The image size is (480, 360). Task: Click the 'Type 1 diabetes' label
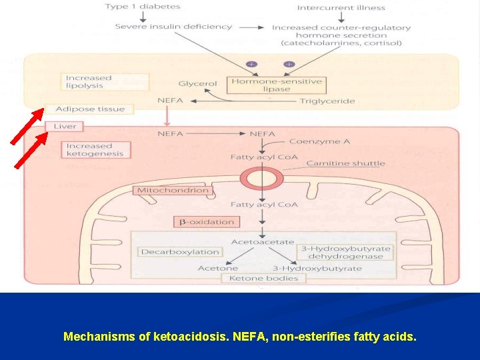(143, 7)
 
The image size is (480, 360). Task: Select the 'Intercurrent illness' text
(341, 8)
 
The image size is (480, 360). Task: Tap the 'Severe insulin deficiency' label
(173, 27)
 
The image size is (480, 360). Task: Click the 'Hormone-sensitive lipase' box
(276, 85)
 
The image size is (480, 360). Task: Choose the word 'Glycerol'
(197, 84)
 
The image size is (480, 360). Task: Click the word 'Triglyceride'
(327, 101)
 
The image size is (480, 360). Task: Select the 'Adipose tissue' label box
(90, 109)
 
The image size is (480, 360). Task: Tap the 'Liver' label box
(65, 126)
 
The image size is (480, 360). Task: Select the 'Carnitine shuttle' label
(345, 163)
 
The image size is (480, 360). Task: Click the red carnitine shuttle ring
(262, 179)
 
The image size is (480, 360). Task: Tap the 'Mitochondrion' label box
(172, 191)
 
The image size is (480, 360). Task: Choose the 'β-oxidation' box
(206, 221)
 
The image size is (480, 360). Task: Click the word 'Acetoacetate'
(262, 241)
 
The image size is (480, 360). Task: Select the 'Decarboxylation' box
(180, 252)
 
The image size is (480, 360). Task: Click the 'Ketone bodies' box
(263, 278)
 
